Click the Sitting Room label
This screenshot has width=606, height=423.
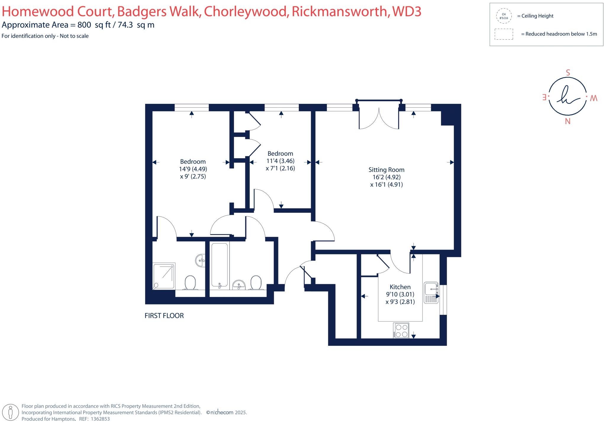point(386,170)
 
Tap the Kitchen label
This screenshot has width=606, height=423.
point(400,287)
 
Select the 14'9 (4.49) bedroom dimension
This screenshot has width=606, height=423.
point(193,169)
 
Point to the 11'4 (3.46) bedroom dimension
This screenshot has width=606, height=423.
point(280,161)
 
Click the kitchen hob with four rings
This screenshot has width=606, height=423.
point(401,331)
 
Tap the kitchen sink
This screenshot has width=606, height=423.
point(431,293)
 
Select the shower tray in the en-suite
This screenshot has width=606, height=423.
point(164,276)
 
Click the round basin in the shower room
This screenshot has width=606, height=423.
point(200,261)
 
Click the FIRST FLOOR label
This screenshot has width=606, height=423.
point(164,316)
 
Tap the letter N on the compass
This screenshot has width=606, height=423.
point(568,121)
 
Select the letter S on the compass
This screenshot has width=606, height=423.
point(568,73)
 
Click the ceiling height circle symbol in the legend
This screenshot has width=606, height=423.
point(504,16)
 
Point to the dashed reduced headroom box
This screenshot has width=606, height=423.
point(504,34)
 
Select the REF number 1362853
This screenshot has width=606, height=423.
point(100,419)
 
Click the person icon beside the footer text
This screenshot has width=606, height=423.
point(11,412)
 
